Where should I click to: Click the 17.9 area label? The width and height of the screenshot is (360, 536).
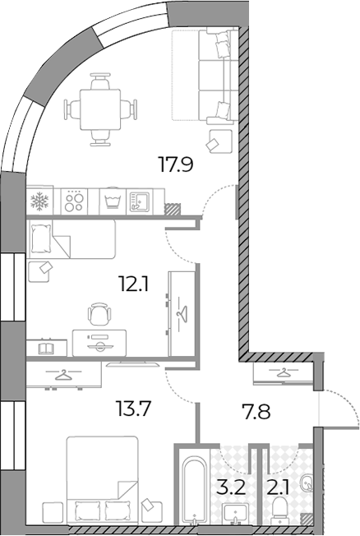[x=176, y=164]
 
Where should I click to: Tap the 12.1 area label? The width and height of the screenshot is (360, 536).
[x=133, y=284]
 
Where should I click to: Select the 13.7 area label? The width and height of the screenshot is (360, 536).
[x=133, y=409]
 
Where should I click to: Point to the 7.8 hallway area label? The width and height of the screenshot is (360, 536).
[x=256, y=411]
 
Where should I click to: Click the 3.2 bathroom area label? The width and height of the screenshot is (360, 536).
[x=231, y=487]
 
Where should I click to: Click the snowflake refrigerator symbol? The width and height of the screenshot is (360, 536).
[x=39, y=201]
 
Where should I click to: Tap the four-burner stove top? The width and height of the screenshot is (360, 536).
[x=74, y=201]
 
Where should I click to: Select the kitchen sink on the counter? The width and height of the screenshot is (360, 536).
[x=140, y=201]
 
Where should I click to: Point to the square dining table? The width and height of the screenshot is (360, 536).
[x=100, y=109]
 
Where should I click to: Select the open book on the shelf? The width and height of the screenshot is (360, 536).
[x=45, y=349]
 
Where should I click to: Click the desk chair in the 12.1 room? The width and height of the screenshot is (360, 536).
[x=99, y=313]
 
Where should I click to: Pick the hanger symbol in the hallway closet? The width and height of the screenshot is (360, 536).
[x=283, y=372]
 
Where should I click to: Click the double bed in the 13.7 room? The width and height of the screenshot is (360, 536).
[x=103, y=479]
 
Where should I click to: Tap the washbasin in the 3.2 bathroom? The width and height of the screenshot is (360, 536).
[x=235, y=514]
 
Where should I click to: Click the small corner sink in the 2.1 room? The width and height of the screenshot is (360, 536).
[x=306, y=483]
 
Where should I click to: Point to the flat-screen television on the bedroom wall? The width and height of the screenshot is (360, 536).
[x=132, y=364]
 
